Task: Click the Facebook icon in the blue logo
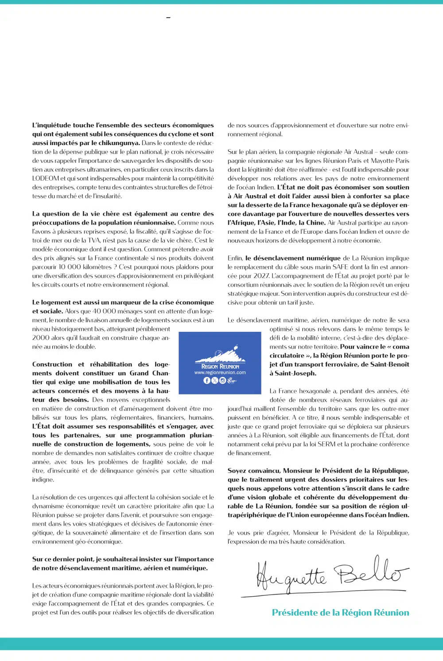(x=207, y=380)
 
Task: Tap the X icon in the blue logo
(x=215, y=380)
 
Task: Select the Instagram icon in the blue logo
(x=223, y=380)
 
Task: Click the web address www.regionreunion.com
(x=220, y=373)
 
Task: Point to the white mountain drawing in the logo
(x=221, y=356)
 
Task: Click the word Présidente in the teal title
(x=295, y=613)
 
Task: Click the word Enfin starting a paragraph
(x=235, y=258)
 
